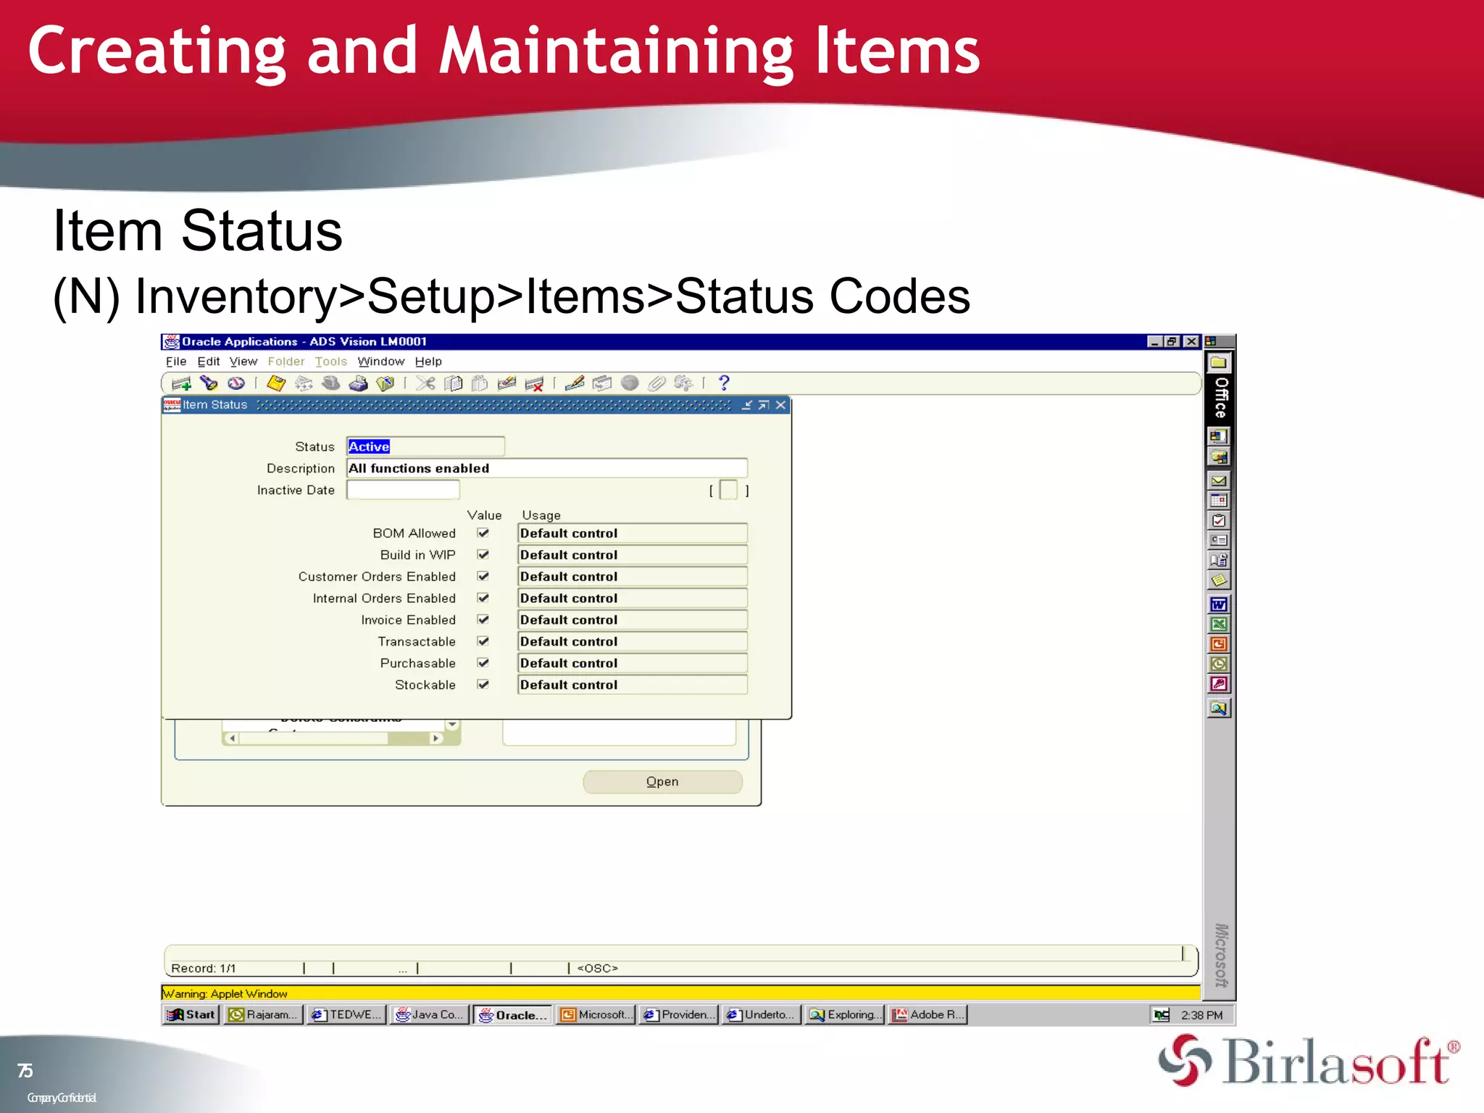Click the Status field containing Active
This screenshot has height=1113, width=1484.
[425, 446]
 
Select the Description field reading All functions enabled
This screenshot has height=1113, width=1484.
[546, 468]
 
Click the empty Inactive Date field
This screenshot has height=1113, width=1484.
[403, 491]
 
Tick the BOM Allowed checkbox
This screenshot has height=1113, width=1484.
[483, 533]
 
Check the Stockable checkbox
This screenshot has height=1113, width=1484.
[483, 685]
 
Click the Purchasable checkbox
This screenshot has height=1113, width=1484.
[483, 663]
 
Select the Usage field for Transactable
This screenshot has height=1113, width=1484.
[632, 641]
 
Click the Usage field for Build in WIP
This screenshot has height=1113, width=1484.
[632, 555]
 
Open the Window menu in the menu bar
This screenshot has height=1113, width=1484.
[380, 362]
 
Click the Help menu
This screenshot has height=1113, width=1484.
[428, 362]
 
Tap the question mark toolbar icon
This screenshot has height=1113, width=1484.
[723, 383]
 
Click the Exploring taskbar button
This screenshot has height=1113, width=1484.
[845, 1014]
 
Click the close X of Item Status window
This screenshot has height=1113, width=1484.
[780, 405]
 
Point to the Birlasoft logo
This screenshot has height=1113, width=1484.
[1309, 1062]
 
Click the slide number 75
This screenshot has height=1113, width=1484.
[25, 1070]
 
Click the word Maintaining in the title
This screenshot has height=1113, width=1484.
[616, 52]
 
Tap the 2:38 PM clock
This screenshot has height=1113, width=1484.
[1201, 1015]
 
